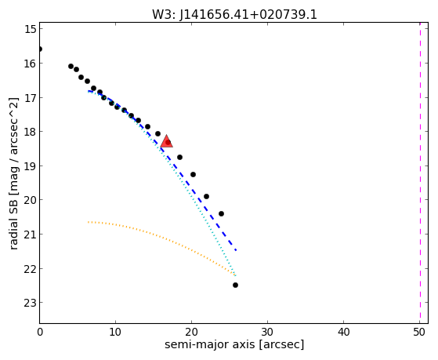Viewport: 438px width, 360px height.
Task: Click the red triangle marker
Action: pyautogui.click(x=166, y=141)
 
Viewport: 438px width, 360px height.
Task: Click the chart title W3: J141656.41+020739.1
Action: pyautogui.click(x=234, y=14)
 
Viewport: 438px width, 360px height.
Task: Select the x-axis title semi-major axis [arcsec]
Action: pyautogui.click(x=234, y=344)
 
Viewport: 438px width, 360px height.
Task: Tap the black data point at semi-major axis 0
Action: pyautogui.click(x=40, y=49)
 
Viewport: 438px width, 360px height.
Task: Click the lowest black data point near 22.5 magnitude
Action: pyautogui.click(x=235, y=285)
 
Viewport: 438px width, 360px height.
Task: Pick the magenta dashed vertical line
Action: pyautogui.click(x=420, y=173)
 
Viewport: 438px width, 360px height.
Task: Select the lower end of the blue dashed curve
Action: pyautogui.click(x=237, y=250)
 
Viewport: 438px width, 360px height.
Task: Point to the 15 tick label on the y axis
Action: pyautogui.click(x=31, y=29)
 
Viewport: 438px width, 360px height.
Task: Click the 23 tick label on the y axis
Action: pyautogui.click(x=31, y=303)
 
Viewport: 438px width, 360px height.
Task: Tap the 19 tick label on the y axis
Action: pyautogui.click(x=31, y=166)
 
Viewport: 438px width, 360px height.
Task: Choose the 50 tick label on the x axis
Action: pyautogui.click(x=419, y=333)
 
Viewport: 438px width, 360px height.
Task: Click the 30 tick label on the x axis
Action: pyautogui.click(x=268, y=333)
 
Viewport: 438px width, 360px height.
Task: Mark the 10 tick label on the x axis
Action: pyautogui.click(x=115, y=333)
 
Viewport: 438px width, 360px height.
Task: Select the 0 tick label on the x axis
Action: pyautogui.click(x=40, y=333)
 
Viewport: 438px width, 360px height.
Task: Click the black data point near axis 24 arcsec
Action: pyautogui.click(x=221, y=213)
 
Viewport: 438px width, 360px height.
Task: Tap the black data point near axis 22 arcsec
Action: pyautogui.click(x=206, y=196)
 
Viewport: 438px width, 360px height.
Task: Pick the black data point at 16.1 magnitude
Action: pyautogui.click(x=71, y=67)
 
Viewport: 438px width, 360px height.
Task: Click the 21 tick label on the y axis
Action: pyautogui.click(x=31, y=235)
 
